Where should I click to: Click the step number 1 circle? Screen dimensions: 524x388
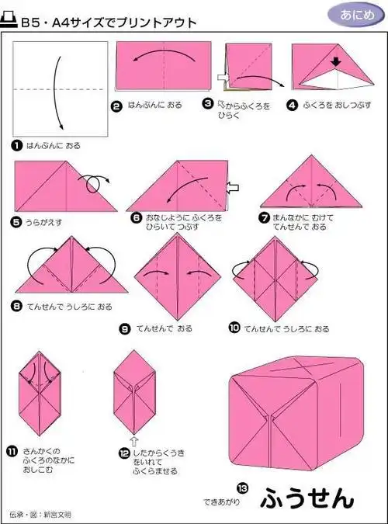(x=16, y=145)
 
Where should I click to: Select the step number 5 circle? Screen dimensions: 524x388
(x=16, y=222)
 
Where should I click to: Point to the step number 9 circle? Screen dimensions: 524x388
(x=124, y=329)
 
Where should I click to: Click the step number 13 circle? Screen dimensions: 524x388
(x=242, y=488)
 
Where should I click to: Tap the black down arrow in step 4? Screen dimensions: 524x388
(x=337, y=61)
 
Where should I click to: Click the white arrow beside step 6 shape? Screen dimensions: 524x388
(x=233, y=186)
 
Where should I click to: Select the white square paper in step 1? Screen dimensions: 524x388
(x=60, y=87)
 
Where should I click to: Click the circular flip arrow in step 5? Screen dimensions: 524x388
(x=96, y=184)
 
